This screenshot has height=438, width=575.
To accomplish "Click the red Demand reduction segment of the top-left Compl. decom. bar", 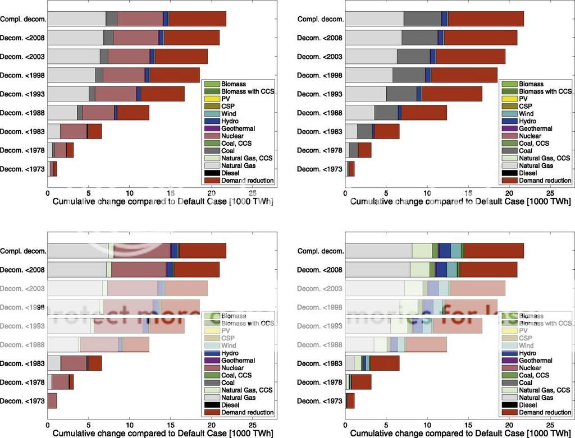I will coord(197,19).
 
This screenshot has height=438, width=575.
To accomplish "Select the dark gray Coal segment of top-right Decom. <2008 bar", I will coord(419,38).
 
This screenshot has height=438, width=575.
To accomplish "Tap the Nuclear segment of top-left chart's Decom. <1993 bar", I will coord(116,94).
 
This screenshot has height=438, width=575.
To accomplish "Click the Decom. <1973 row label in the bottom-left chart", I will coord(22,401).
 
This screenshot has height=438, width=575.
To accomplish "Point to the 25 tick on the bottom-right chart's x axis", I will coord(550,426).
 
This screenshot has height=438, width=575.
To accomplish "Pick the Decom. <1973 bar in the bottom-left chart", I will coord(52,401).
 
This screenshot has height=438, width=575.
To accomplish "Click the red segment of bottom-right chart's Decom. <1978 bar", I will coord(361,382).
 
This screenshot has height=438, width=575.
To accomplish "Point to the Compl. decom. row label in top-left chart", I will coord(23,19).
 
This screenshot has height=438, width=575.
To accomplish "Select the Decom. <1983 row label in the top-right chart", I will coord(320,131).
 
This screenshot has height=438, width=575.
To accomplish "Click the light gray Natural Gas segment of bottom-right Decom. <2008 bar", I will coord(377,270).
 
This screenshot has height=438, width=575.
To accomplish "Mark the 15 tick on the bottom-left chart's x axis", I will coord(170,426).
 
